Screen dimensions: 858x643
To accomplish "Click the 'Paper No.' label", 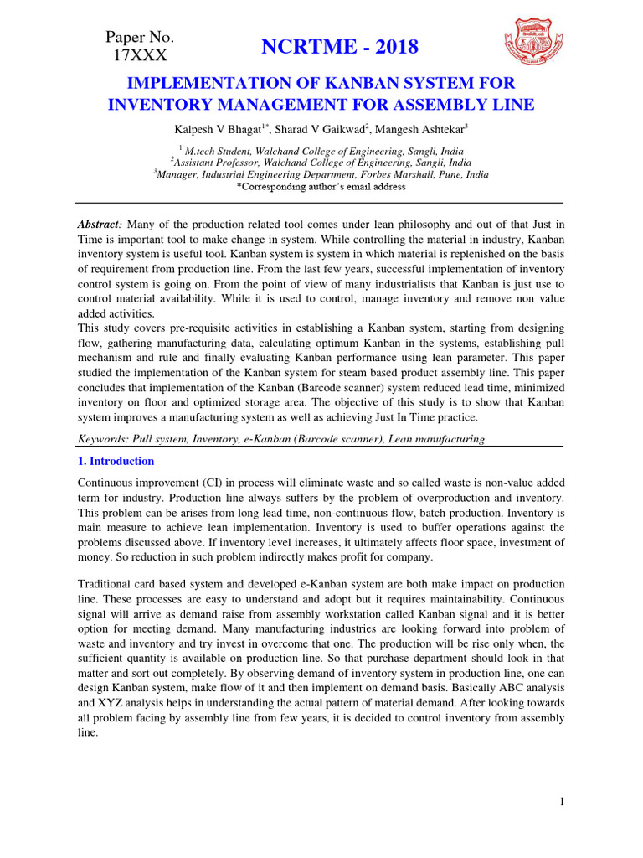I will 140,37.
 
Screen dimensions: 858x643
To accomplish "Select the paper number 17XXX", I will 140,56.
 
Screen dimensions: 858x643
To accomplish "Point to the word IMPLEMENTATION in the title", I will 194,84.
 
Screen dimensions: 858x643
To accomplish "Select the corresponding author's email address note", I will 321,187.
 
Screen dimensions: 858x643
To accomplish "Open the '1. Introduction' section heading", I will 116,461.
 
